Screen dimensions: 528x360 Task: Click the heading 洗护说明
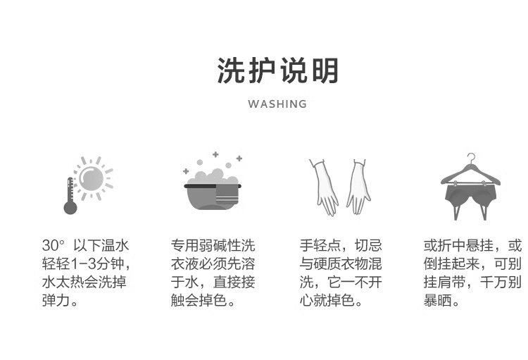point(277,71)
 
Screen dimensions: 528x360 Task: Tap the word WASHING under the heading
point(277,104)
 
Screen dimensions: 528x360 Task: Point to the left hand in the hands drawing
point(325,187)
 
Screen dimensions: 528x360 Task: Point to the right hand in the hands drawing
point(358,187)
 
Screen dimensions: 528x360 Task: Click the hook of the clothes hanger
point(470,159)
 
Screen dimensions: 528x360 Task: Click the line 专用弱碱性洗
point(213,246)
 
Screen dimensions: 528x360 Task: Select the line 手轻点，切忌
point(341,246)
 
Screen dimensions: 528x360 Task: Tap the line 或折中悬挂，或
point(472,246)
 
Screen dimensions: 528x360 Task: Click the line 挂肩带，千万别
point(472,283)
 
